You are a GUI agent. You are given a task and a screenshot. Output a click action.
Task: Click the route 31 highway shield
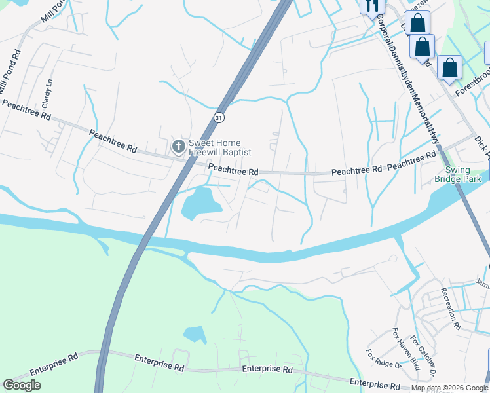tap(218, 117)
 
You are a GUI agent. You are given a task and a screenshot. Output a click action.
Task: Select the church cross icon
tap(178, 145)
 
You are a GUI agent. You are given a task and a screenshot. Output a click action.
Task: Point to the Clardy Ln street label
tap(46, 94)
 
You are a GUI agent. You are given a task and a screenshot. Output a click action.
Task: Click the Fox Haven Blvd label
tap(406, 349)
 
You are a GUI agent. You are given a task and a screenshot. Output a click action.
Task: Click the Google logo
tap(22, 385)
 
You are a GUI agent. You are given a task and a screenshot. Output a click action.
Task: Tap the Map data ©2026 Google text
tap(449, 388)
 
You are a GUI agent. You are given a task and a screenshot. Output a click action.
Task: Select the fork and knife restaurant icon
tap(371, 6)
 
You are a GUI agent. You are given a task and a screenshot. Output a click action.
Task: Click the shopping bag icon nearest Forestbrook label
tap(450, 67)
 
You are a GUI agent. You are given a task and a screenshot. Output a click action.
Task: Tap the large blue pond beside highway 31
tap(200, 203)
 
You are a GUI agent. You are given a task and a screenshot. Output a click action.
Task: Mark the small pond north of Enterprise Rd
tap(195, 335)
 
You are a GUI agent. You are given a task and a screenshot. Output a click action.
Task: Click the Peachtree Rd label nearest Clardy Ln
tap(26, 109)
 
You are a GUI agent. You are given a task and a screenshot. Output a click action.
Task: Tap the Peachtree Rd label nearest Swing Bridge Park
tap(411, 162)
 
